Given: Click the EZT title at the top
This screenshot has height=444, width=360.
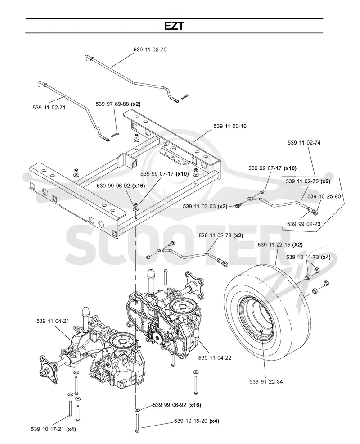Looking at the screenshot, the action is tap(174, 26).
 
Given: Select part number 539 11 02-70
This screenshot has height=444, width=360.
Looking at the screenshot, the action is tap(150, 50).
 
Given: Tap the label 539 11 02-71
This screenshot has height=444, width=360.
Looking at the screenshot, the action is tap(49, 108).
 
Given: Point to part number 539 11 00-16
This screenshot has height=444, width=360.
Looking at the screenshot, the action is tap(230, 126).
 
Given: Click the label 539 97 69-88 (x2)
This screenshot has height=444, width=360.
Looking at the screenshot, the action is tap(118, 104).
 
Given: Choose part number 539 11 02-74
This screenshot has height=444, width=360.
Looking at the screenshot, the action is tap(304, 143).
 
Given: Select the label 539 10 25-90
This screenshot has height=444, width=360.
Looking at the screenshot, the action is tap(324, 196).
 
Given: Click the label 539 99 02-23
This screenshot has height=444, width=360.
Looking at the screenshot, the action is tap(304, 224).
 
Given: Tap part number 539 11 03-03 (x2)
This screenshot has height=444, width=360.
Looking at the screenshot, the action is tap(205, 206).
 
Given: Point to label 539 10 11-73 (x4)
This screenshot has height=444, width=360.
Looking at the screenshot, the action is tap(308, 257).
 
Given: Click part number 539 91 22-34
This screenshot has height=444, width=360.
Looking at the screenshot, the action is tap(266, 382).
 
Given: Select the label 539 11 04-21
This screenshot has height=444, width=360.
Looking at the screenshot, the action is tap(53, 321).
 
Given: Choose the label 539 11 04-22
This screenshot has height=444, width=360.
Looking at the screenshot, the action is tap(215, 358).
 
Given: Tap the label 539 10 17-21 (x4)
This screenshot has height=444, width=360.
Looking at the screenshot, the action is tap(53, 429).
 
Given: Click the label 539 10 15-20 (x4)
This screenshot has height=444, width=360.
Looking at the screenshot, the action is tap(196, 421).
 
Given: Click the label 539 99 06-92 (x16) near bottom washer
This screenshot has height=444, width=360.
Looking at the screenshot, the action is tap(177, 405).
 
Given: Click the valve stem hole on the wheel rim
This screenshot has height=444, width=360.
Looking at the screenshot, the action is tap(261, 331).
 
